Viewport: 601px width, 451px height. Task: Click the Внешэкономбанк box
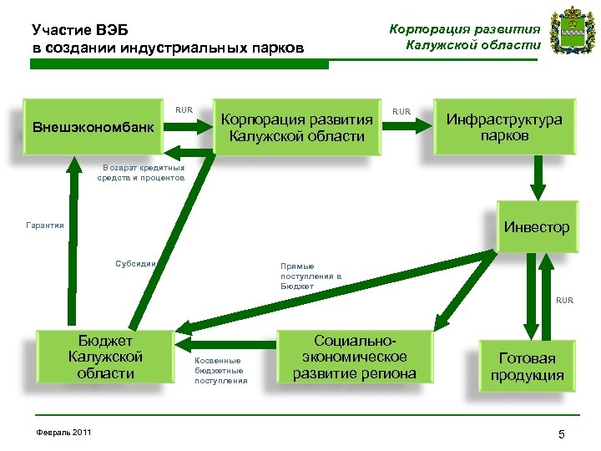93,128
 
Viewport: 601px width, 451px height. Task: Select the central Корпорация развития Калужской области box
295,128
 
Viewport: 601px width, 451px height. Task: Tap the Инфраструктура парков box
503,128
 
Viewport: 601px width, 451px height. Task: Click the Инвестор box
536,226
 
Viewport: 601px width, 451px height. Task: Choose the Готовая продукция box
527,367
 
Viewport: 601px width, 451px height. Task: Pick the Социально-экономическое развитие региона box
354,357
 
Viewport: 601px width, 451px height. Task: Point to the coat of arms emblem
570,31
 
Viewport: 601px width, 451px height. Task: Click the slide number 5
562,433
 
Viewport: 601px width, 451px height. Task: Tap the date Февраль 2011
64,431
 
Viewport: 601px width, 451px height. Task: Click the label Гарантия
45,225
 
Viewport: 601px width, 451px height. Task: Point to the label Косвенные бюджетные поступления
220,371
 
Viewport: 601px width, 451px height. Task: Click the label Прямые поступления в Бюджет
311,276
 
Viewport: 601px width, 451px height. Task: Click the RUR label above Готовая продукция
564,300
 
